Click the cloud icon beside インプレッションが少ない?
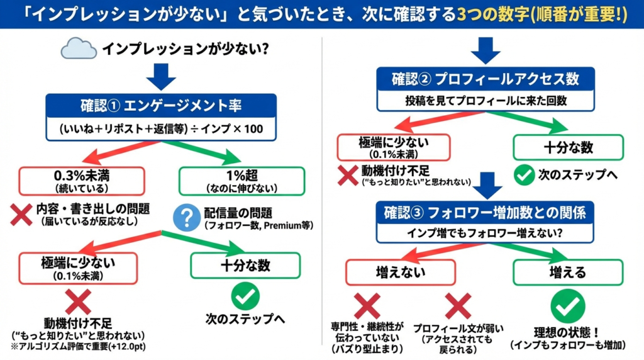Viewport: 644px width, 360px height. click(x=79, y=48)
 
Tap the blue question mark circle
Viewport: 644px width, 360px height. click(x=186, y=217)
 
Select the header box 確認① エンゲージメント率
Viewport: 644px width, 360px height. click(x=161, y=105)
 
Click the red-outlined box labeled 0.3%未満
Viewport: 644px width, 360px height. click(x=81, y=180)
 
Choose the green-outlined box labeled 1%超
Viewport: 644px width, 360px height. click(x=241, y=180)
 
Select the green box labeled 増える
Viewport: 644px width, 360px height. click(x=567, y=272)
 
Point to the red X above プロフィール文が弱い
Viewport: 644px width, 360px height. click(x=458, y=307)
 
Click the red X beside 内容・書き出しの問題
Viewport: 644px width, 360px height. click(x=21, y=215)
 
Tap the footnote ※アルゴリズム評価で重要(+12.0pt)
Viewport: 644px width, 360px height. click(x=87, y=347)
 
